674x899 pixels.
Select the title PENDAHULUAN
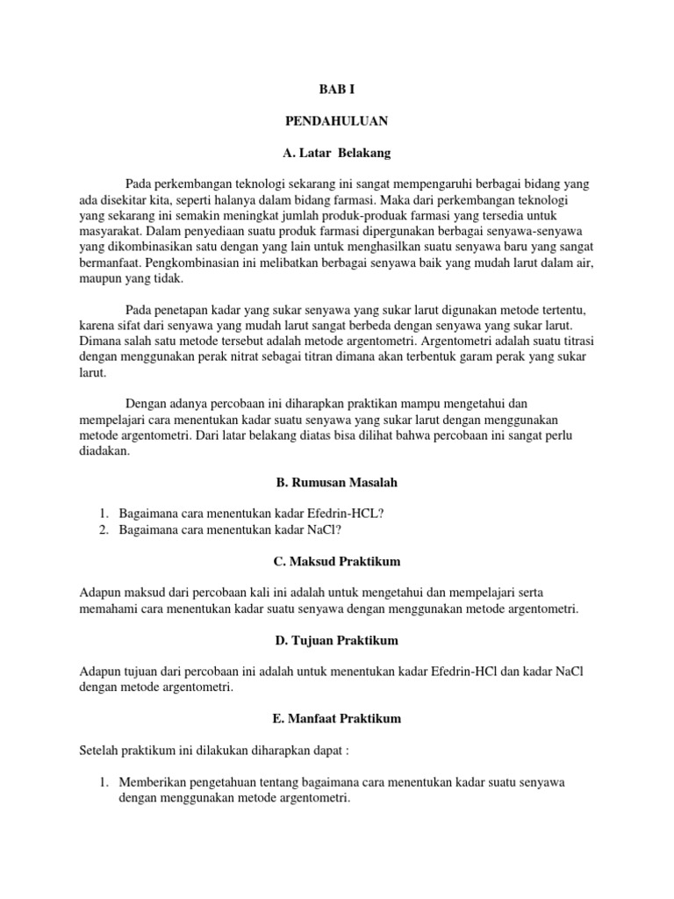[x=336, y=121]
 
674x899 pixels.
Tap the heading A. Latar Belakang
[x=336, y=153]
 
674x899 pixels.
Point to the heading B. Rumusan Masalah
[x=336, y=482]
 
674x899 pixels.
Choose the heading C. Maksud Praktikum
[x=336, y=561]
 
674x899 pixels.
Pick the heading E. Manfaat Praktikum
[x=336, y=718]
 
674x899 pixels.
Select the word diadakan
[x=104, y=451]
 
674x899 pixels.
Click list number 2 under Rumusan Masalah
[x=103, y=529]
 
